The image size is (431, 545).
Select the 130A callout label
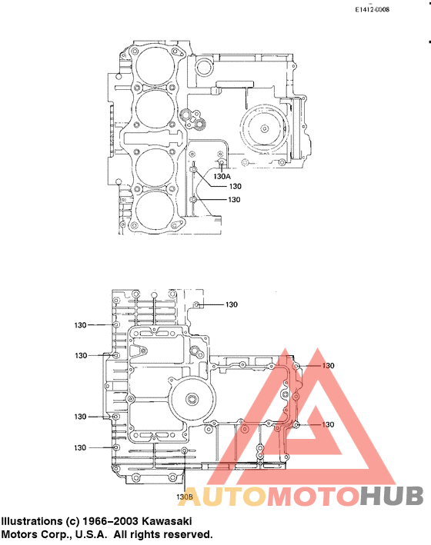pyautogui.click(x=222, y=176)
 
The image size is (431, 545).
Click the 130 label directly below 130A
pyautogui.click(x=236, y=186)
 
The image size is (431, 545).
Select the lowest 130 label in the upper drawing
pyautogui.click(x=234, y=199)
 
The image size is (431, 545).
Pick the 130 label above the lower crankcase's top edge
pyautogui.click(x=232, y=304)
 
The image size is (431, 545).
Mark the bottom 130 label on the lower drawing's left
pyautogui.click(x=80, y=447)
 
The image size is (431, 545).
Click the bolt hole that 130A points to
pyautogui.click(x=222, y=163)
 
